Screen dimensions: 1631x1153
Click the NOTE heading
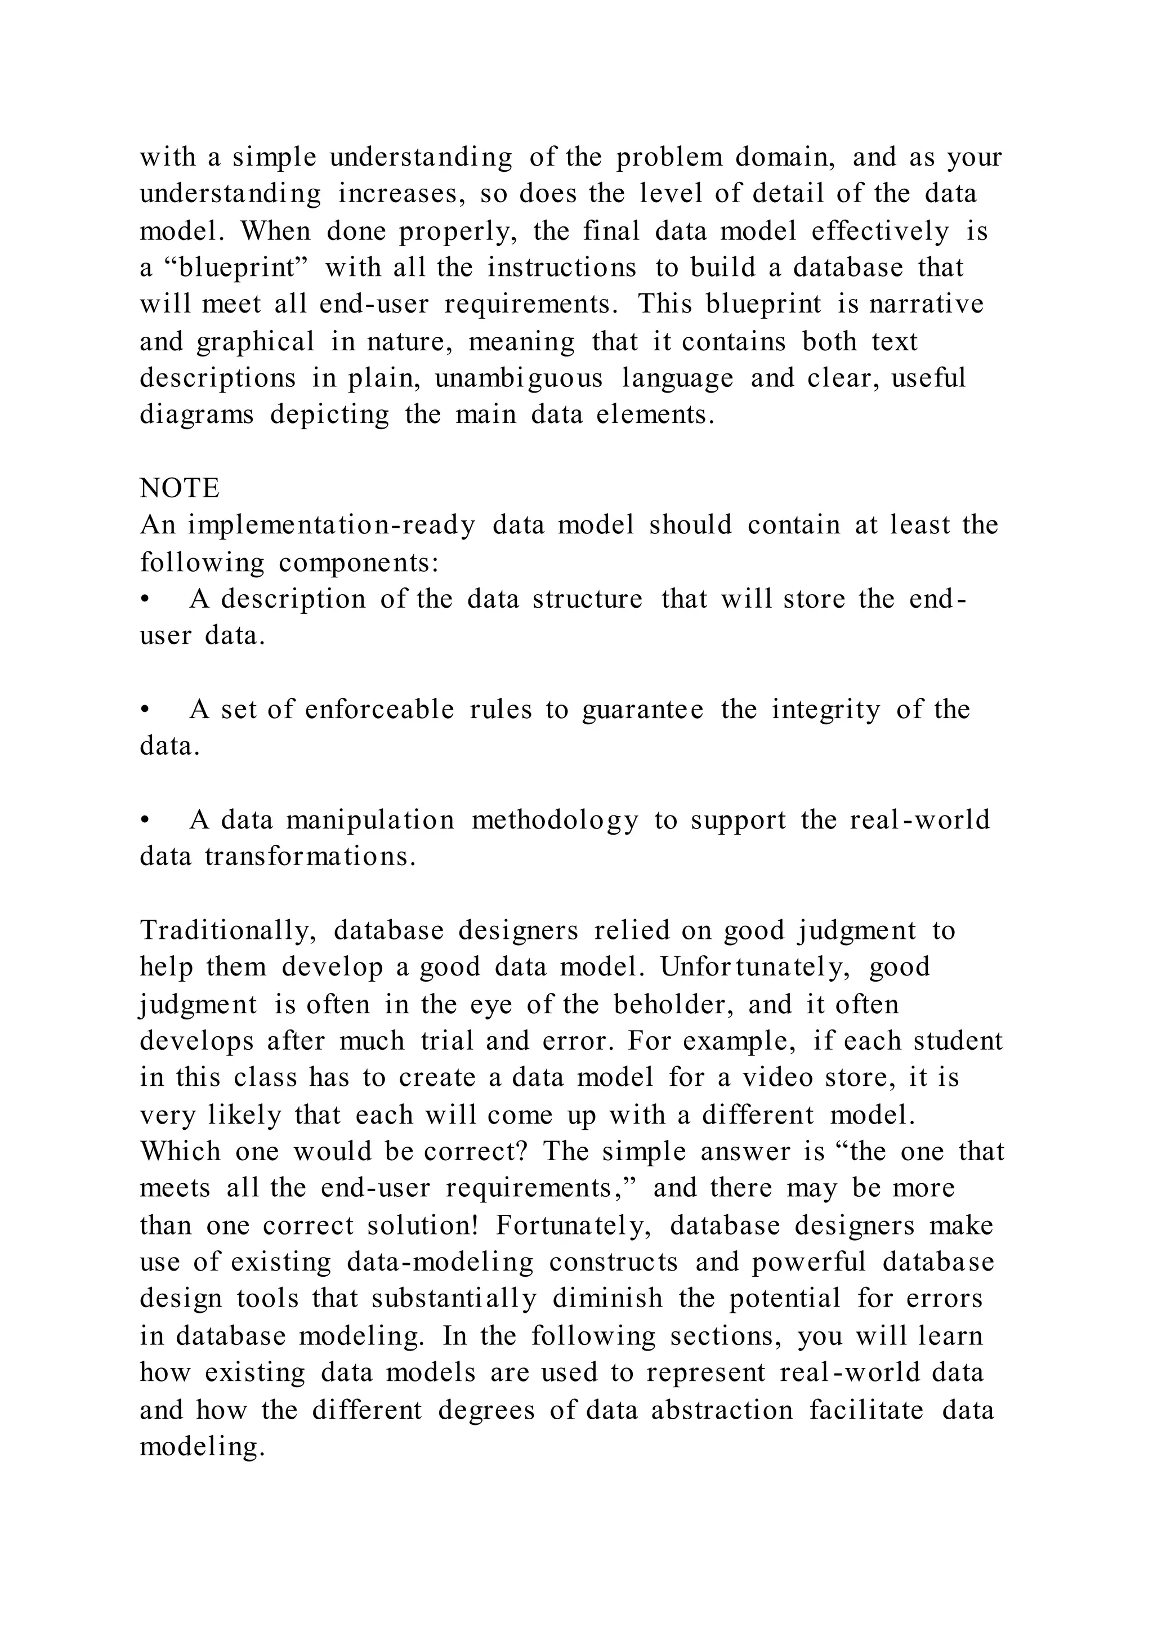coord(180,489)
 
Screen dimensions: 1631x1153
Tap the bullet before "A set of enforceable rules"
coord(146,710)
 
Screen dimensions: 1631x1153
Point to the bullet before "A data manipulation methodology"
coord(146,821)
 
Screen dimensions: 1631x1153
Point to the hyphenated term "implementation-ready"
coord(332,525)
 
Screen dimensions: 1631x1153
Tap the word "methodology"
coord(555,821)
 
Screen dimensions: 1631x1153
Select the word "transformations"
coord(310,857)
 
